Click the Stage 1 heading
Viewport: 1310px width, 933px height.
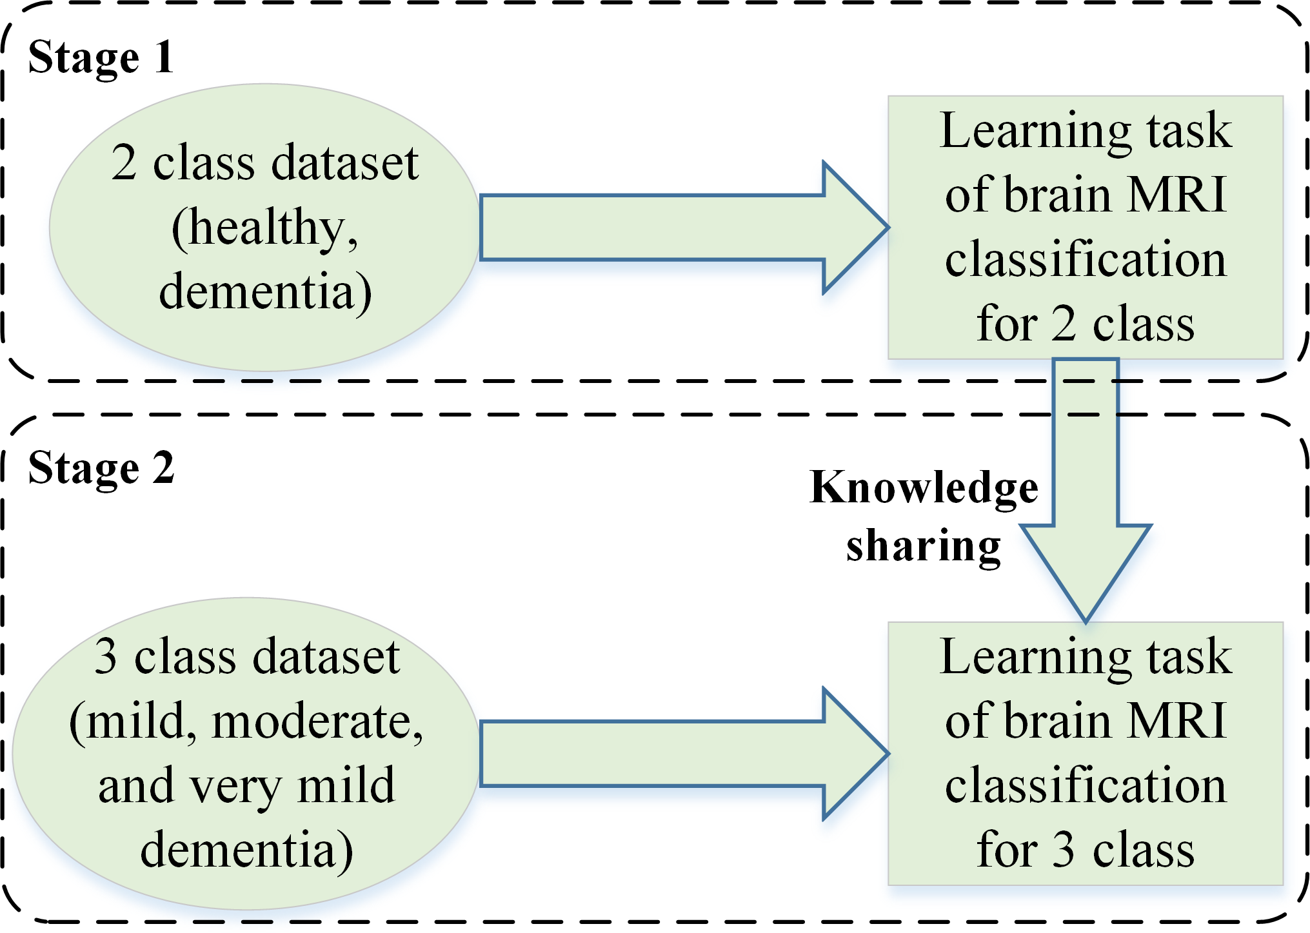101,57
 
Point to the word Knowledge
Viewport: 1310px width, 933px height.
924,488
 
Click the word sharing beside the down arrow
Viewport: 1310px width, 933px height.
923,546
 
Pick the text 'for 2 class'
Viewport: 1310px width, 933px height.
1086,323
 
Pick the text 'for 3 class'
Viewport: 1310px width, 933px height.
1086,849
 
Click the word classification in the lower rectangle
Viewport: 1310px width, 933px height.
1086,785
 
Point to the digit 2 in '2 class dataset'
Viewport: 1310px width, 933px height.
124,162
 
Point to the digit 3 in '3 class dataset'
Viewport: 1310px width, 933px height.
106,656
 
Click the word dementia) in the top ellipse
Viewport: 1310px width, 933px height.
265,292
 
